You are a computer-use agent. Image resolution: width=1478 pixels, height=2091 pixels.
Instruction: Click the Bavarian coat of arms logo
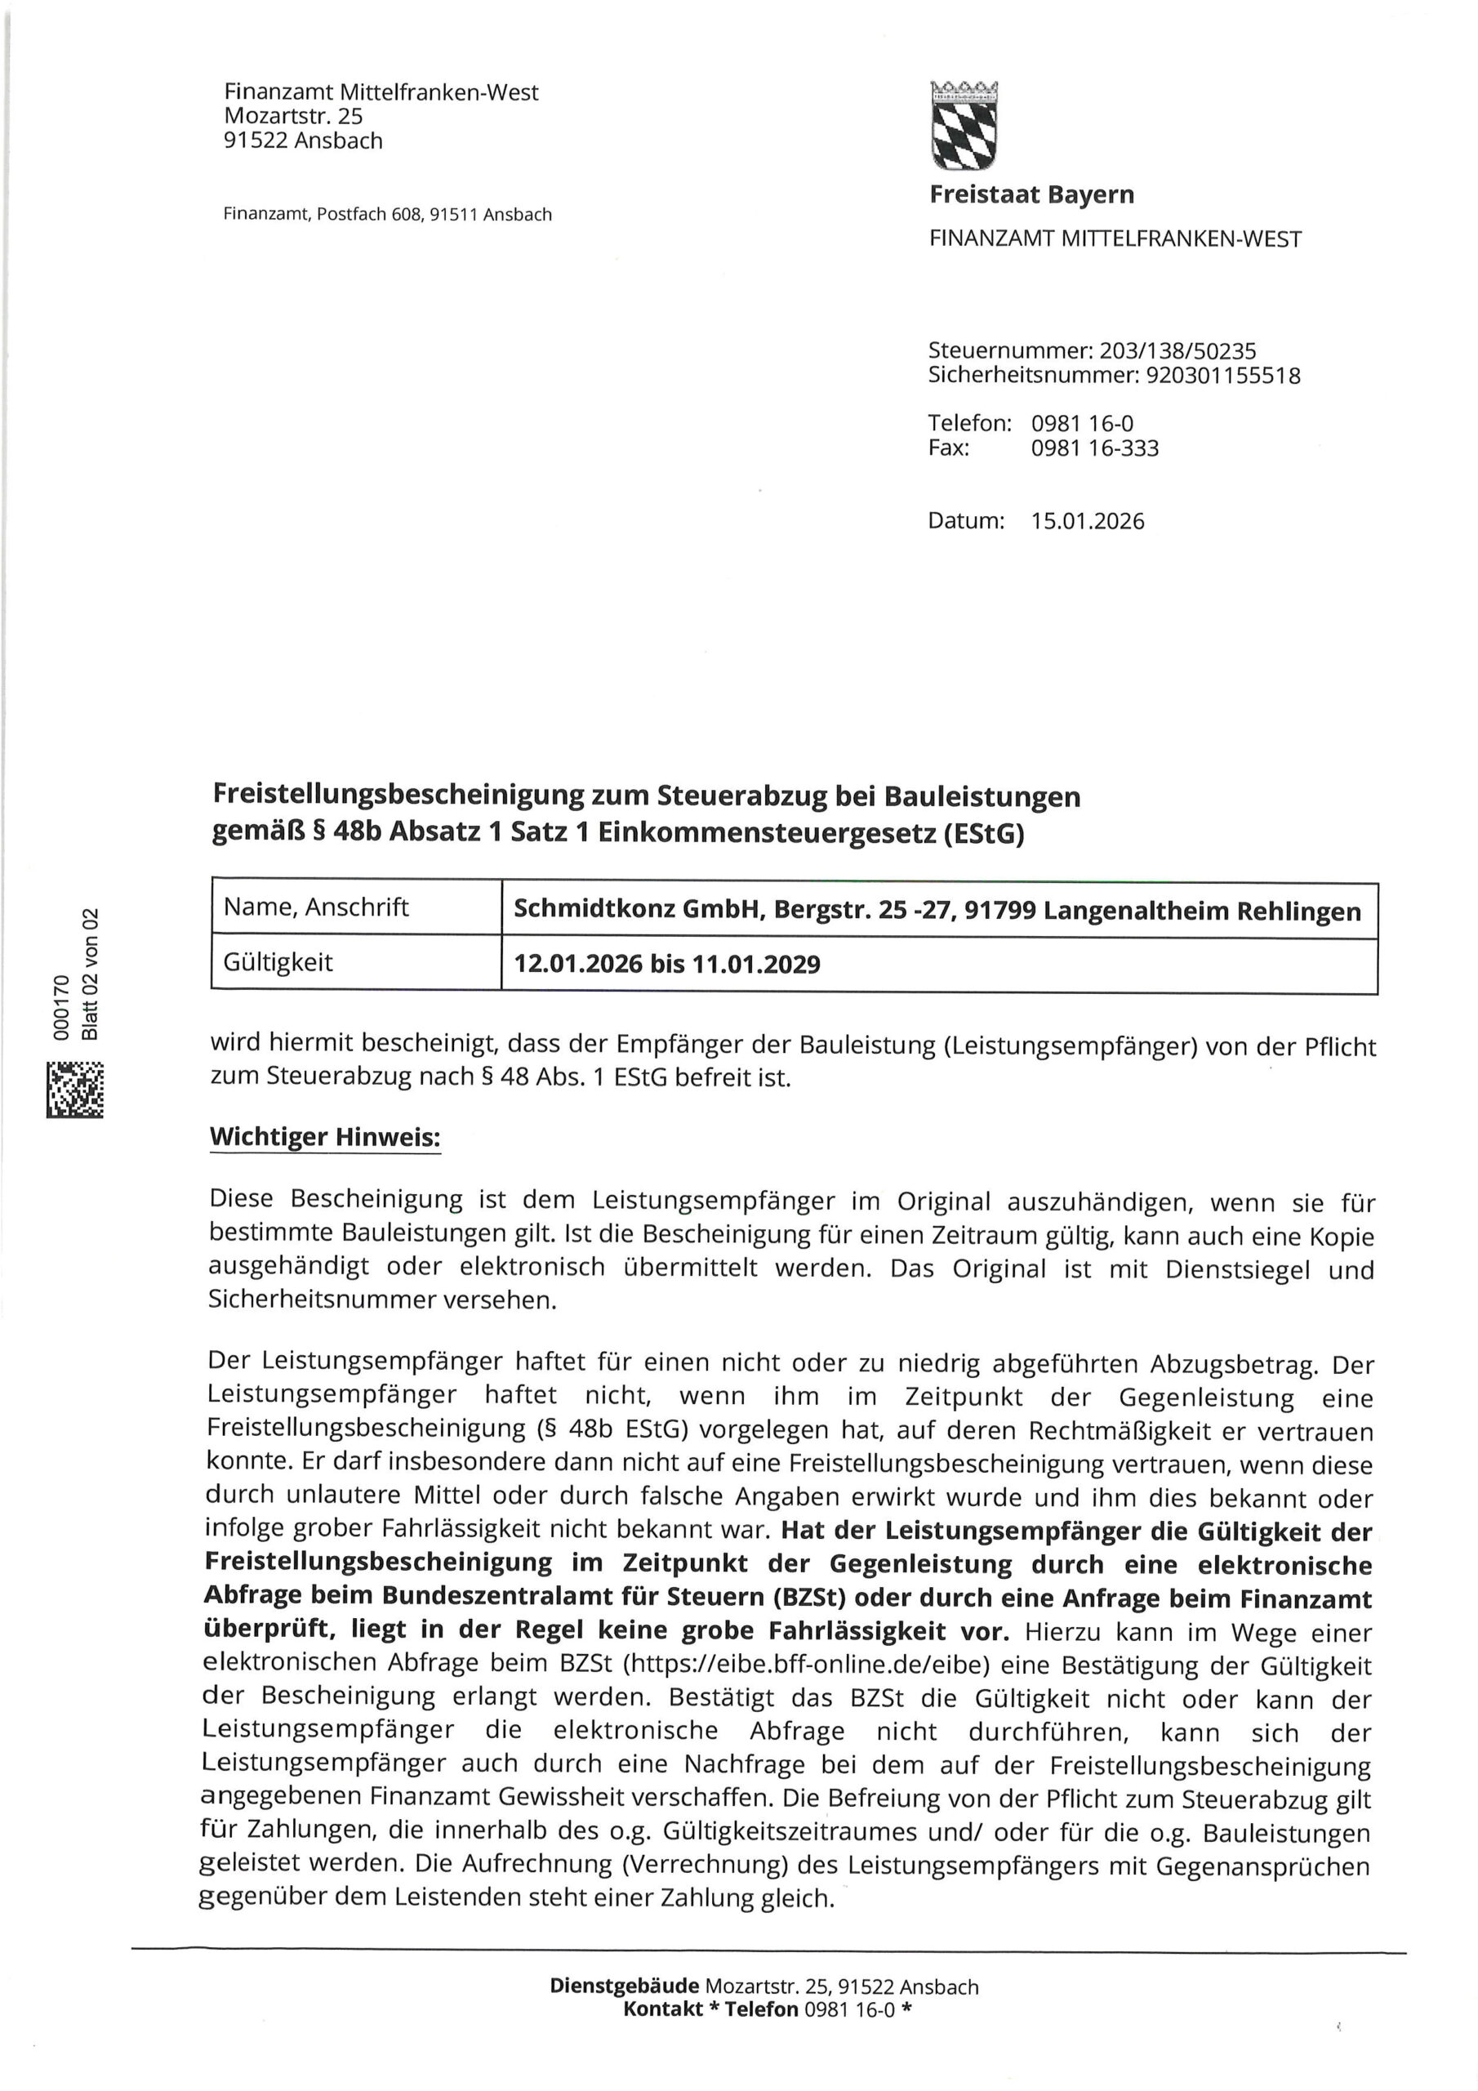tap(964, 126)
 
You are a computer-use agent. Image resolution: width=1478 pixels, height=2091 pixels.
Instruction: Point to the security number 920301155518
tap(1223, 375)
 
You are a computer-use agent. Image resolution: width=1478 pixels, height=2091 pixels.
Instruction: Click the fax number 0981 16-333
tap(1094, 448)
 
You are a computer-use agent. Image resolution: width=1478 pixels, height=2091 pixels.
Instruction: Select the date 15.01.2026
tap(1088, 522)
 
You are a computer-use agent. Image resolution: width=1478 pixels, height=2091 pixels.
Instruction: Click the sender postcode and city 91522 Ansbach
tap(303, 141)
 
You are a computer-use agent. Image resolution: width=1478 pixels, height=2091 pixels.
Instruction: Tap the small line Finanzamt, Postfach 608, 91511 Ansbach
tap(387, 215)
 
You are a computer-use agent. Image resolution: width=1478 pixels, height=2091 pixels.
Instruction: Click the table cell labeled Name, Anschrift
tap(316, 907)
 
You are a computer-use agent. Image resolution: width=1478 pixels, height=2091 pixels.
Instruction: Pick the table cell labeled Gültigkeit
tap(278, 963)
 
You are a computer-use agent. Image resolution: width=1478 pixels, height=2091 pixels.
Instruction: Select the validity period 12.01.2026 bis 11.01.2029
tap(666, 965)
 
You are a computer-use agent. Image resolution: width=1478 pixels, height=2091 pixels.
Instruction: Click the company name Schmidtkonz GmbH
tap(638, 910)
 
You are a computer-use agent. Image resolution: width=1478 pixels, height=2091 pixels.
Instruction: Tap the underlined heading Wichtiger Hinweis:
tap(325, 1138)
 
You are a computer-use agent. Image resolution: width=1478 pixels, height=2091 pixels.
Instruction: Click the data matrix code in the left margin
tap(74, 1090)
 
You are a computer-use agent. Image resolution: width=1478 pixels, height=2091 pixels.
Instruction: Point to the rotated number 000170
tap(62, 1007)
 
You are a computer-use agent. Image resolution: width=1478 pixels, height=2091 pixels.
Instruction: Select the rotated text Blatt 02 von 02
tap(89, 974)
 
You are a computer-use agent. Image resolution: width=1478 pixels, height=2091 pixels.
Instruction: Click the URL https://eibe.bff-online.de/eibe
tap(805, 1665)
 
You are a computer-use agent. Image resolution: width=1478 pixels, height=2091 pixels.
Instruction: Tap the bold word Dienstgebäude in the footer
tap(624, 1987)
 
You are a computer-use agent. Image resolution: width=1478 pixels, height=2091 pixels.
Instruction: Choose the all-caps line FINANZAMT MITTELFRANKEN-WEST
tap(1115, 239)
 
